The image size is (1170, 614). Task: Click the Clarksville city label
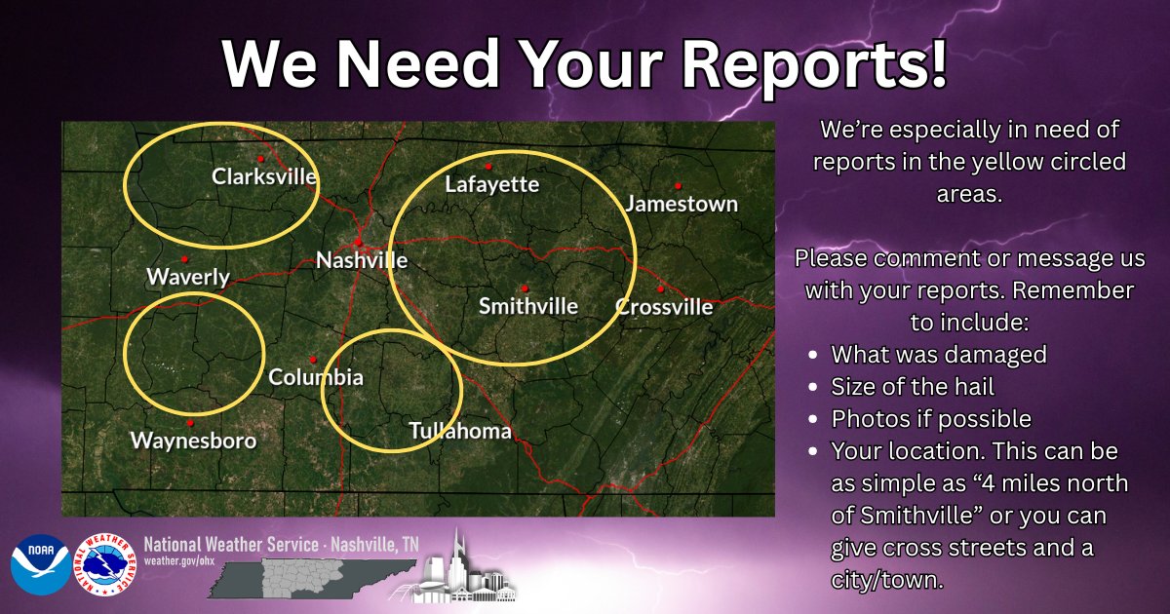coord(264,177)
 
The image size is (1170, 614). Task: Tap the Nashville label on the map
coord(362,260)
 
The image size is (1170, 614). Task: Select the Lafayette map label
coord(491,184)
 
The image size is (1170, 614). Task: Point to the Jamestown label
coord(681,205)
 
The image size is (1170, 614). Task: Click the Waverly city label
coord(188,277)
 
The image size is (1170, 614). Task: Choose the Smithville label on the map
coord(527,306)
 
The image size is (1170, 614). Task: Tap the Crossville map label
coord(664,307)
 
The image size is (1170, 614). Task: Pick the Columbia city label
coord(316,377)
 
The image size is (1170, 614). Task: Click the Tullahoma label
coord(460,431)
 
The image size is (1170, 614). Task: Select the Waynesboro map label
coord(194,441)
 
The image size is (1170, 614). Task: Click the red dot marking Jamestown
coord(677,185)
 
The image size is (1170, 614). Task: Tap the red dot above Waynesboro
coord(190,423)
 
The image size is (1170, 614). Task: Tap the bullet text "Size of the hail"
coord(912,387)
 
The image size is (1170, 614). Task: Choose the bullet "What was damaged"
coord(938,355)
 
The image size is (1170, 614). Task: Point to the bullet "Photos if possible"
coord(930,419)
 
